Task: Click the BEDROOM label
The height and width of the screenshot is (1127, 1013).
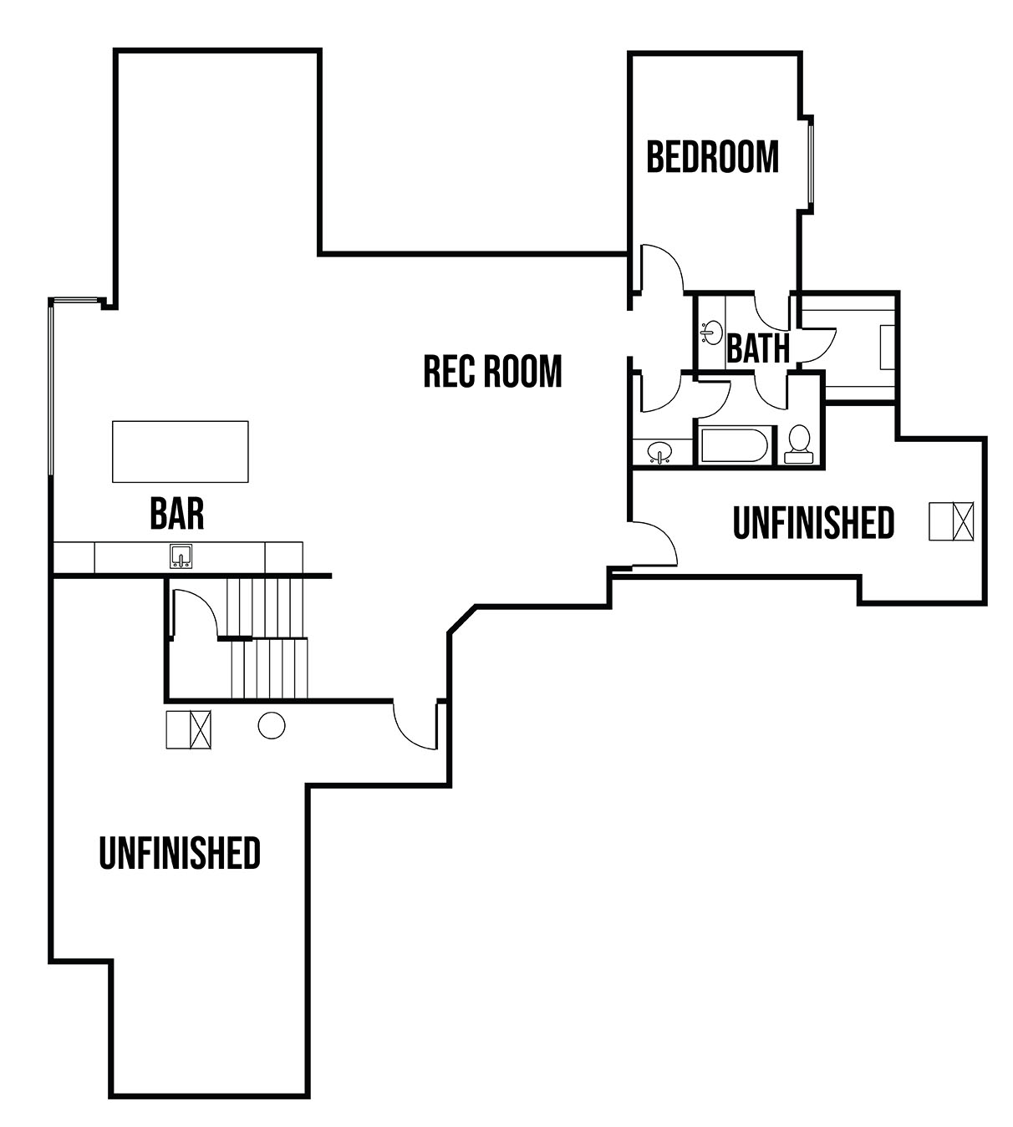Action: pos(712,157)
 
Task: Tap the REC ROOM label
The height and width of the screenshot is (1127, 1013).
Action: pos(492,371)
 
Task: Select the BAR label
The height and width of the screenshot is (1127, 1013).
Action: pos(177,513)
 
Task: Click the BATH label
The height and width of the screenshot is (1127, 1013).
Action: pos(758,348)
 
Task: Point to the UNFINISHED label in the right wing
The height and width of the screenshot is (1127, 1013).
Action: pos(813,522)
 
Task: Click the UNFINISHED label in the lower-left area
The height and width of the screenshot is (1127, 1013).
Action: pos(180,853)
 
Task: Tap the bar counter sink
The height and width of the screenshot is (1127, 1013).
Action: pos(181,556)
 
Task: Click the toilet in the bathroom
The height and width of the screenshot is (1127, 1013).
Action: pos(799,444)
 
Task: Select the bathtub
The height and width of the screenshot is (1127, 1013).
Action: pos(734,445)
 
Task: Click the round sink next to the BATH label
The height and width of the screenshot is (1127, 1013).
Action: pos(711,333)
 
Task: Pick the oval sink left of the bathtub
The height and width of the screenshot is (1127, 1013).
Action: pos(659,452)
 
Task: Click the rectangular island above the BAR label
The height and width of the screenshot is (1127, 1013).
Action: pos(181,452)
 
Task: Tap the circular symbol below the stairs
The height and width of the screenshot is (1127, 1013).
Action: pos(272,725)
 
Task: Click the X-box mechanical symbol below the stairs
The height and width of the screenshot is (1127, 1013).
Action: pos(189,730)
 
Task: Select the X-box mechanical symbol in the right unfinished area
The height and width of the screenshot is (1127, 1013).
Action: pos(951,521)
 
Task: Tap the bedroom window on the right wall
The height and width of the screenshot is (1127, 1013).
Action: pos(812,165)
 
